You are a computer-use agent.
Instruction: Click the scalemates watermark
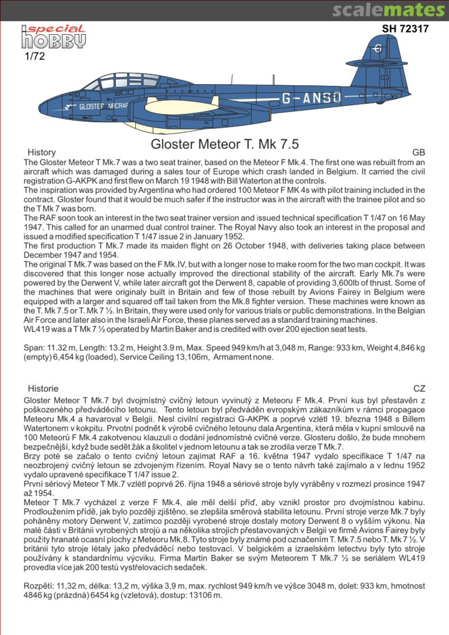coord(388,10)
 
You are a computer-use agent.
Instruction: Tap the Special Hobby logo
coord(54,36)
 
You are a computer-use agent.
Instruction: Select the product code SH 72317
coord(405,29)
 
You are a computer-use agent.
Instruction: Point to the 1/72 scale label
coord(35,57)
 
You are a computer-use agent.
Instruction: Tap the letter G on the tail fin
coord(377,49)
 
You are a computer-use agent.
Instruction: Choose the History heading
coord(42,152)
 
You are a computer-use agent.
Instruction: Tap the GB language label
coord(418,152)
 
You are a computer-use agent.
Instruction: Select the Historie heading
coord(43,389)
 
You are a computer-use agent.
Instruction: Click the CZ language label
coord(419,389)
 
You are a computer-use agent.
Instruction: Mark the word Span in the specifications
coord(33,347)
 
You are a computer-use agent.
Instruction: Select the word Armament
coord(231,357)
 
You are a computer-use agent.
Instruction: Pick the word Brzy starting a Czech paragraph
coord(32,456)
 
